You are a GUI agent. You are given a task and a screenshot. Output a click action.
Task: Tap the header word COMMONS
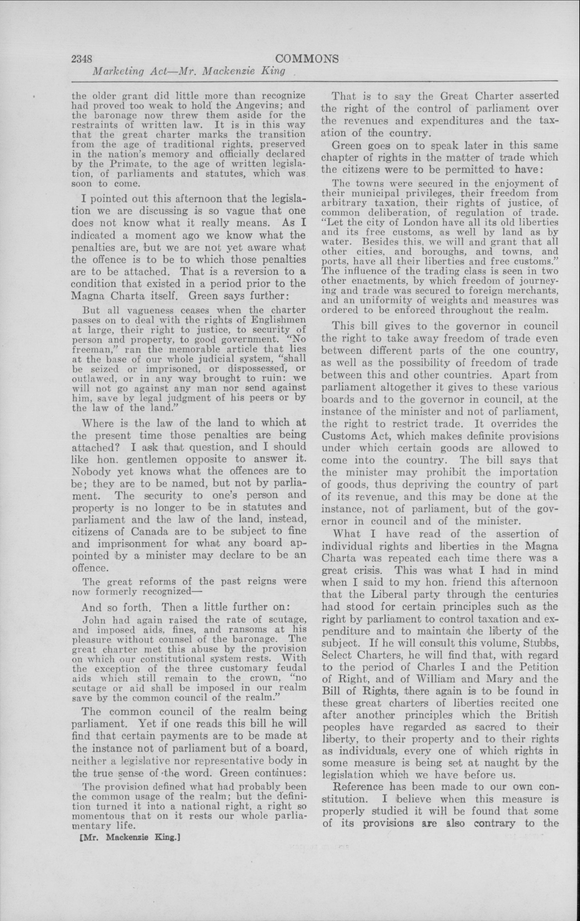click(307, 59)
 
